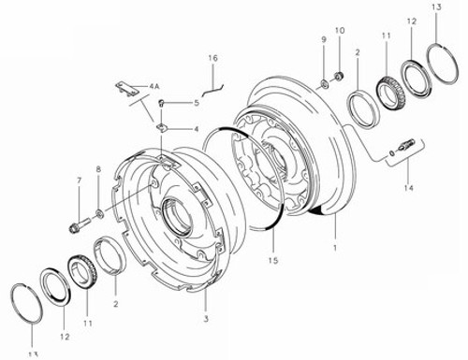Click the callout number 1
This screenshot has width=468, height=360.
click(x=334, y=248)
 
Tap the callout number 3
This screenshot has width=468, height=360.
click(x=206, y=320)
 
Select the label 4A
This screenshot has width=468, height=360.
click(x=154, y=85)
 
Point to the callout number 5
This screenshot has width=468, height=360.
click(x=196, y=103)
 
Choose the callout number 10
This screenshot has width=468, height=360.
click(x=340, y=32)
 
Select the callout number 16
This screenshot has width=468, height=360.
click(x=212, y=58)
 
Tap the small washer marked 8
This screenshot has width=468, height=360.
click(x=99, y=204)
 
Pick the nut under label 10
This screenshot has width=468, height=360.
click(x=339, y=74)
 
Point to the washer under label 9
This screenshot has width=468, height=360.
click(x=324, y=85)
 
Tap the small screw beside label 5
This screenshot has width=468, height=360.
click(x=161, y=102)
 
